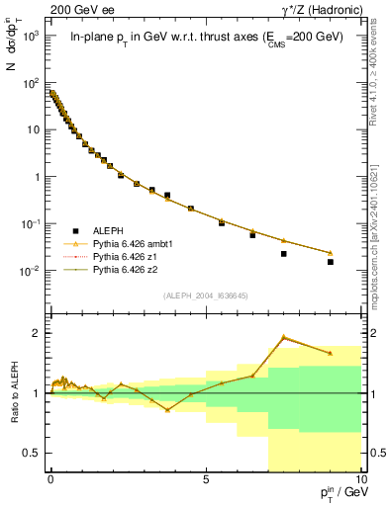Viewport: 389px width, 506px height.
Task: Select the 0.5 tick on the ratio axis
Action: click(x=36, y=453)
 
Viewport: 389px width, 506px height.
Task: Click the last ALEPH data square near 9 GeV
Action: click(x=331, y=262)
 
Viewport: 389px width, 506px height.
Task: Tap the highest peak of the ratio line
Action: click(x=284, y=337)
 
